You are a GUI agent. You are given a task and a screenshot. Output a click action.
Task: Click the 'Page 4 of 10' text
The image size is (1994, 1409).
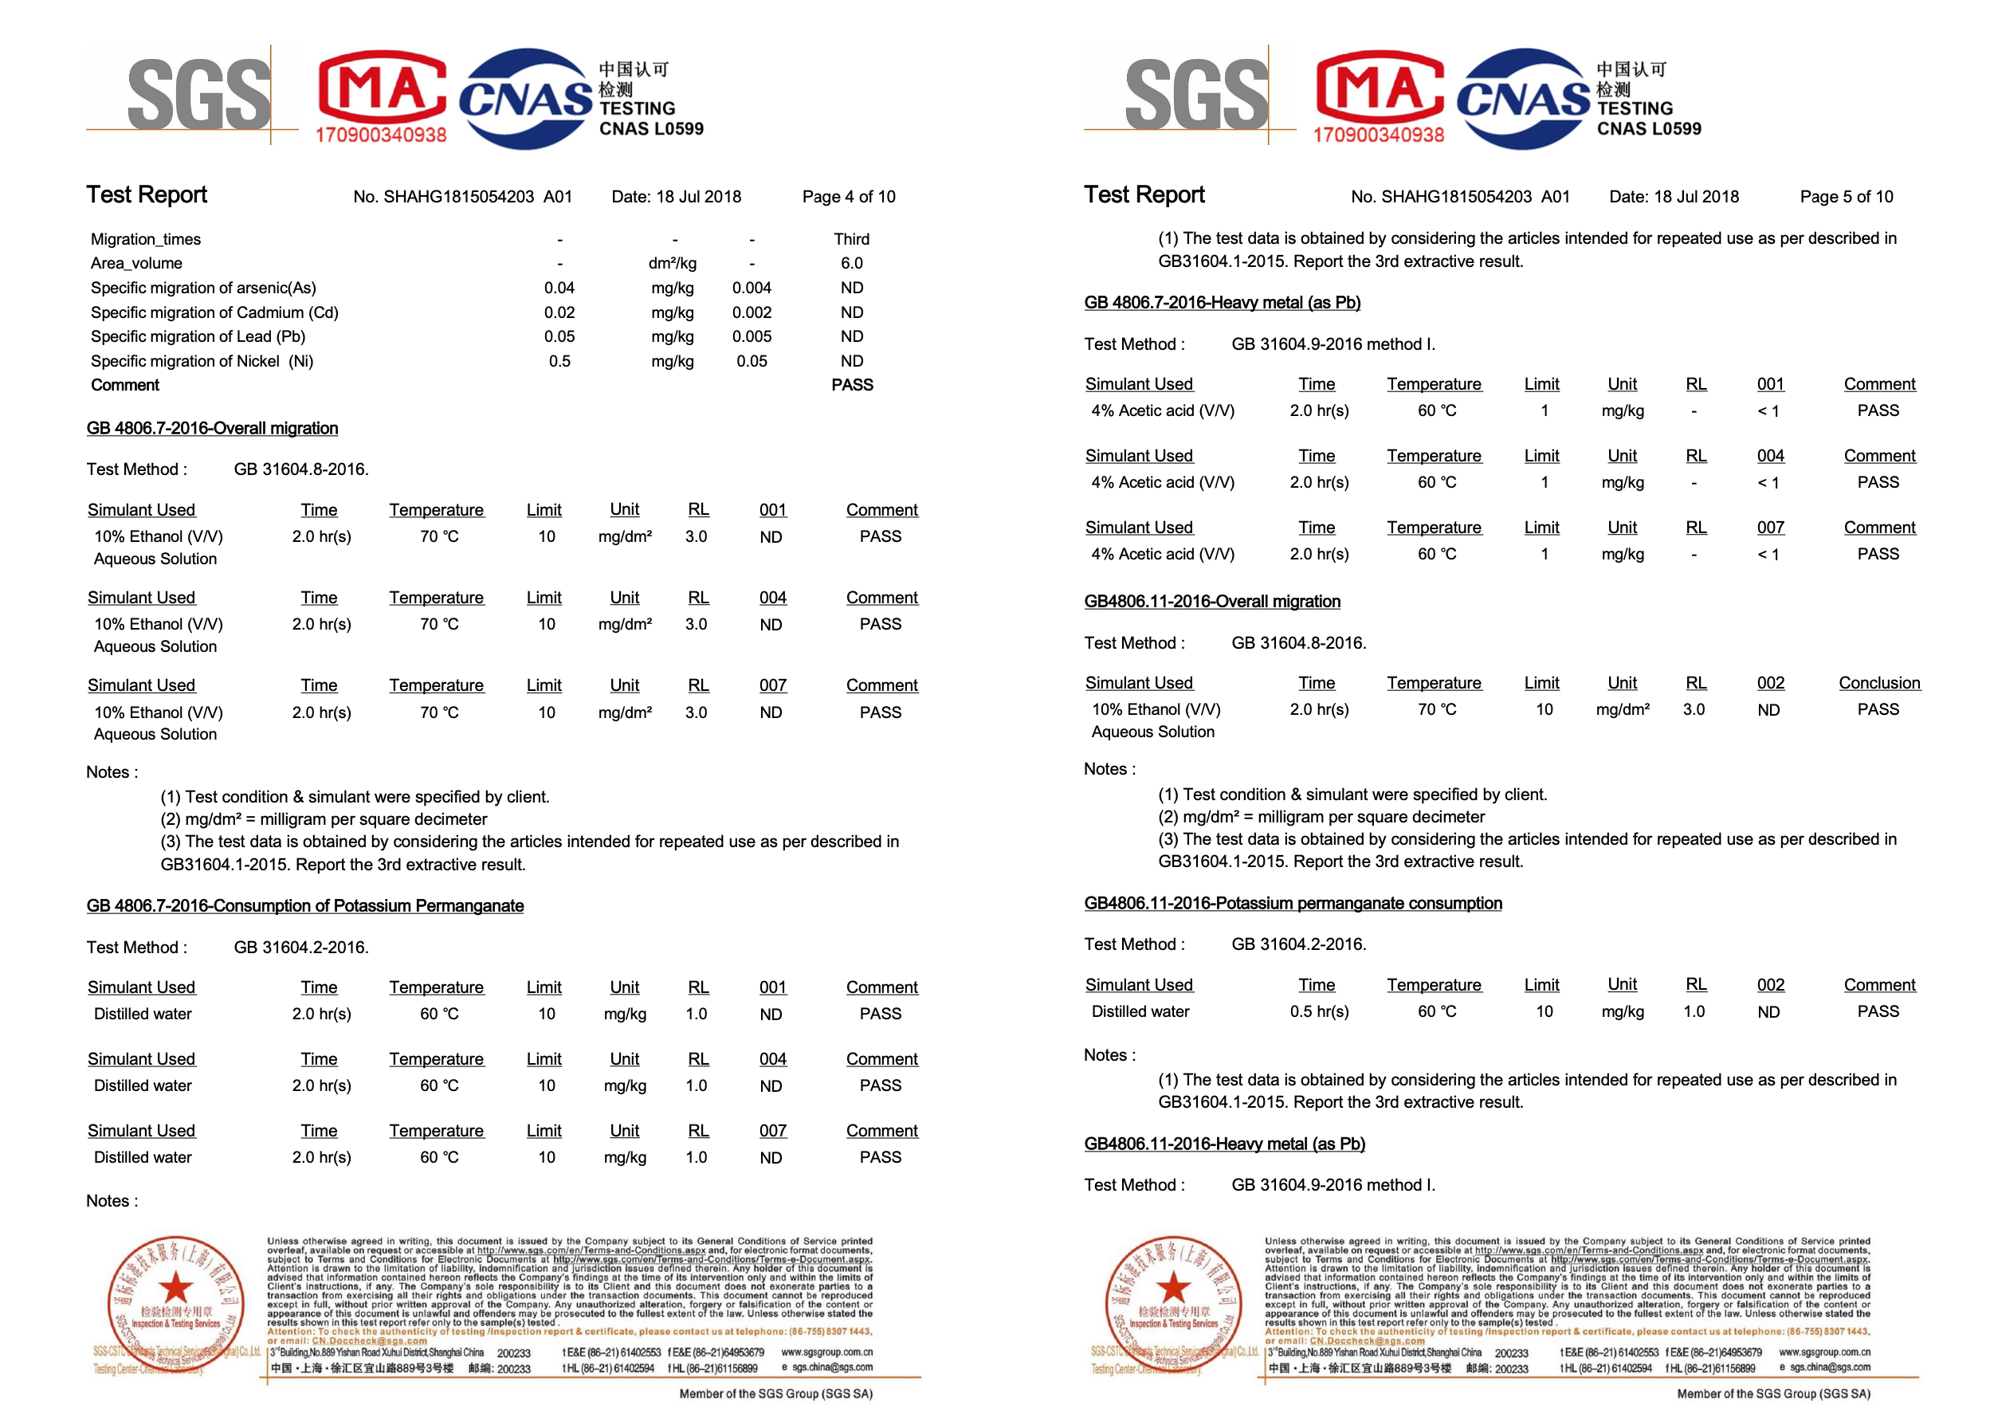(848, 196)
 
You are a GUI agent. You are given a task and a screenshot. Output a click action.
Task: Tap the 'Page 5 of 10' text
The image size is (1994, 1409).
(1846, 196)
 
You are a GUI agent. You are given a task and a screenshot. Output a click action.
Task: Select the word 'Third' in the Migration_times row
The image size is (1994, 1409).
(851, 239)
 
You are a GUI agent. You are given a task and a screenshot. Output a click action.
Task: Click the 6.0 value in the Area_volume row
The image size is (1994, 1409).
(851, 263)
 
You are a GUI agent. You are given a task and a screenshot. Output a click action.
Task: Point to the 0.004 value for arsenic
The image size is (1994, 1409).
(751, 288)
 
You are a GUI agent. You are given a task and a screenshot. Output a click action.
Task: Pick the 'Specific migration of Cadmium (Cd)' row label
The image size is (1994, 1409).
(214, 312)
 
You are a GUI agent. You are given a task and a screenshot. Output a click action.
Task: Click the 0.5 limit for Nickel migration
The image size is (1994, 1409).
(559, 360)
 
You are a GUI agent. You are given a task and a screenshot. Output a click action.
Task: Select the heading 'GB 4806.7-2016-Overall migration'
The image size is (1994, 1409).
(212, 428)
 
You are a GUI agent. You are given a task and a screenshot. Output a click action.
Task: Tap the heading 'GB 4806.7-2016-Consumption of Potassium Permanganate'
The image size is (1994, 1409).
(304, 906)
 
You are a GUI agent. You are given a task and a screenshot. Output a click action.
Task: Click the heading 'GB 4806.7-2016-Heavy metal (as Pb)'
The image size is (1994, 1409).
(1222, 302)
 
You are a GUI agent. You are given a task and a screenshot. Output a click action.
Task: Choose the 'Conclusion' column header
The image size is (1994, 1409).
(1878, 683)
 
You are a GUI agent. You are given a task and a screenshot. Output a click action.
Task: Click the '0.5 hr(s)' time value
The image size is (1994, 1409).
(1318, 1011)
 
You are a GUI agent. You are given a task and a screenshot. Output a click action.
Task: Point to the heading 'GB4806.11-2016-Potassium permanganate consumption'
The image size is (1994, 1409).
(1293, 904)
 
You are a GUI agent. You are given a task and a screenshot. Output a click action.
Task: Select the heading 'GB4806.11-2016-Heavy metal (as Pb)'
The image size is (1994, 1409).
(1223, 1144)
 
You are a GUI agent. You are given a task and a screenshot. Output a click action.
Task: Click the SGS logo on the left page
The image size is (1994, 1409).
(198, 94)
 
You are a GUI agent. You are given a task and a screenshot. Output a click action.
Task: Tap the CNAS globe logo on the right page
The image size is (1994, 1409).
(1522, 98)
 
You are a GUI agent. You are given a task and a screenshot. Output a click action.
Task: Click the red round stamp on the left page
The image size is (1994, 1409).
(175, 1301)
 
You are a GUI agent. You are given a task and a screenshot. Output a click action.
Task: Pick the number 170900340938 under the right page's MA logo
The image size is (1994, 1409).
(1378, 135)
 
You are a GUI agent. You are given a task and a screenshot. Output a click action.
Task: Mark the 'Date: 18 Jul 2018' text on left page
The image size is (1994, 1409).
(676, 196)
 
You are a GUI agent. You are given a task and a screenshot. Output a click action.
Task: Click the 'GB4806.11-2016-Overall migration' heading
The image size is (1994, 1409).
(1211, 601)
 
